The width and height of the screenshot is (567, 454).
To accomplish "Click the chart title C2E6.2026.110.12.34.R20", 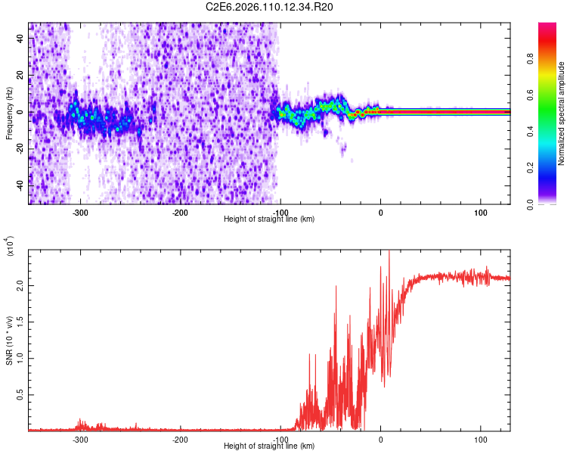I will point(270,7).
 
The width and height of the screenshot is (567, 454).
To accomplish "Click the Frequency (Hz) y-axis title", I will point(9,113).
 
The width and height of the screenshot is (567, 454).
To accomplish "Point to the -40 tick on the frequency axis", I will point(20,186).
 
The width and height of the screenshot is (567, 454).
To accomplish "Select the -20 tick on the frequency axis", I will point(20,149).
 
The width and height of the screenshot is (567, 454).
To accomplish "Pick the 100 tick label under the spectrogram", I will point(481,212).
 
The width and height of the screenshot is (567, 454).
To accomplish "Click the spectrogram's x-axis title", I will point(270,219).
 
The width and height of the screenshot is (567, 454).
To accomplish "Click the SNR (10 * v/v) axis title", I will point(9,341).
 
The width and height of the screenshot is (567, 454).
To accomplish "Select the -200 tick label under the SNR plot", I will point(180,440).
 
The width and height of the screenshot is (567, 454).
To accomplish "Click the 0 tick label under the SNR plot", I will point(381,440).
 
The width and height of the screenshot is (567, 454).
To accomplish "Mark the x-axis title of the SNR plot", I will point(270,446).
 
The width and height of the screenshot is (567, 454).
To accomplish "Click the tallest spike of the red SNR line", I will point(389,253).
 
